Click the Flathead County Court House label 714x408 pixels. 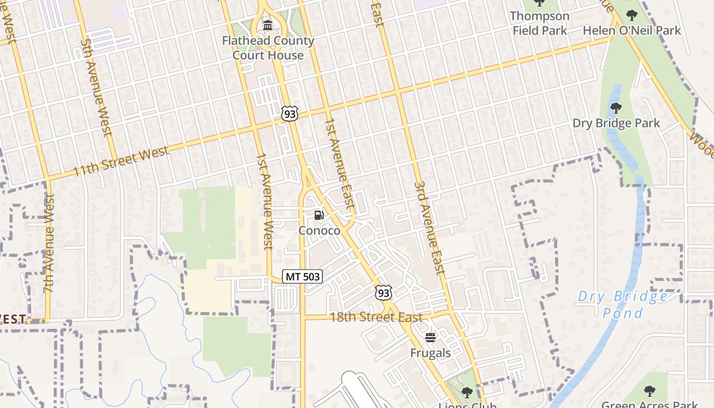point(268,47)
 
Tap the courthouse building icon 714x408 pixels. point(267,25)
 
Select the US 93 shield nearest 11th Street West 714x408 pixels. point(289,114)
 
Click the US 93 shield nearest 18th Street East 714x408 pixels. point(384,292)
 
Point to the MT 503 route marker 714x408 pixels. point(302,276)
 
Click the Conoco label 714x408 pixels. point(319,231)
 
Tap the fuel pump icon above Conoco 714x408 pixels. point(319,215)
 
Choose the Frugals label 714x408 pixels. point(430,353)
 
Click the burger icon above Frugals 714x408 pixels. point(430,337)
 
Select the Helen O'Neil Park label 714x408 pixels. point(631,30)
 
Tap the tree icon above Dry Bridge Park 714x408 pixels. point(616,108)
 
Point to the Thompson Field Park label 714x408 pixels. point(540,23)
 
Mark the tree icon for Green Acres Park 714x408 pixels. point(649,391)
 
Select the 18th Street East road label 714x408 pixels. point(376,317)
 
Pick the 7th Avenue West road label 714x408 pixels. point(49,243)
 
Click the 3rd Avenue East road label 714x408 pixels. point(430,228)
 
